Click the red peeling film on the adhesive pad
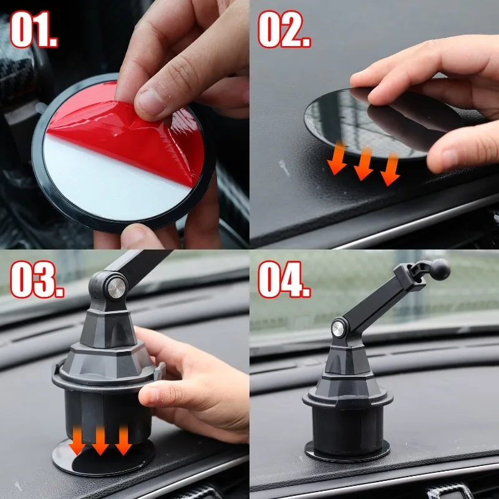click(x=125, y=134)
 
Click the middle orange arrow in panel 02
click(x=364, y=163)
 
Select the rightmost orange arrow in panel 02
click(x=390, y=170)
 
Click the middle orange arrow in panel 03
click(x=100, y=440)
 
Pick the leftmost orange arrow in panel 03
click(x=77, y=440)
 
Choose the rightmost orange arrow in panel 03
click(x=123, y=440)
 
